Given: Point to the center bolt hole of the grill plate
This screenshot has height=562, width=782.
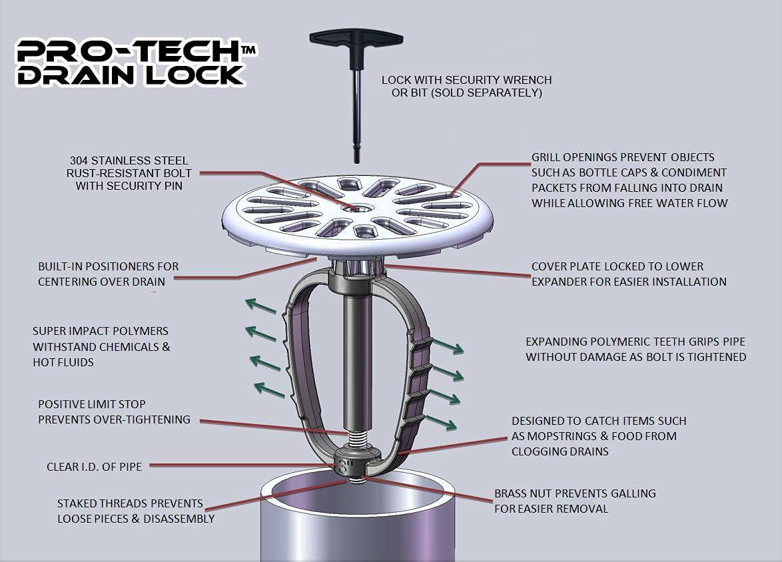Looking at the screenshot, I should coord(351,208).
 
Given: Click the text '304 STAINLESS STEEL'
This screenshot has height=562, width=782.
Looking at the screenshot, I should coord(129,160).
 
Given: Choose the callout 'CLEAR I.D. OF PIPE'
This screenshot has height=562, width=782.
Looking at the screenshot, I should coord(94,467).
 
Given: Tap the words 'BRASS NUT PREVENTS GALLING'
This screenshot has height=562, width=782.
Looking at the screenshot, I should coord(575,493).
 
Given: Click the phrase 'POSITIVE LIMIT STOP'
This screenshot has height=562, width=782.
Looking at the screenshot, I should coord(91,404).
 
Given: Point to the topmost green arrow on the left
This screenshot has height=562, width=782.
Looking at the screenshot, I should coord(260,306).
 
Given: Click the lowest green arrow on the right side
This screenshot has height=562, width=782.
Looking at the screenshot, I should coord(441,422).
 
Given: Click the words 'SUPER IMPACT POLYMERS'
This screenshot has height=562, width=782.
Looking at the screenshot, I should coord(101,331).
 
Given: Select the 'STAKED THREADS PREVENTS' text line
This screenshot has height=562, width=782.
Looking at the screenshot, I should coord(130,503).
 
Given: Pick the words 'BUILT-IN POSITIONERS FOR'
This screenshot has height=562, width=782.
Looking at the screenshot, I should coord(108,266).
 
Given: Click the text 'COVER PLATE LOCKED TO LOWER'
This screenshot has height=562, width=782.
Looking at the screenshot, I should coord(617,266).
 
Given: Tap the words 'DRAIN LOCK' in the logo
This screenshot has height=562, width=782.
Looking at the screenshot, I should coord(130,75).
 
